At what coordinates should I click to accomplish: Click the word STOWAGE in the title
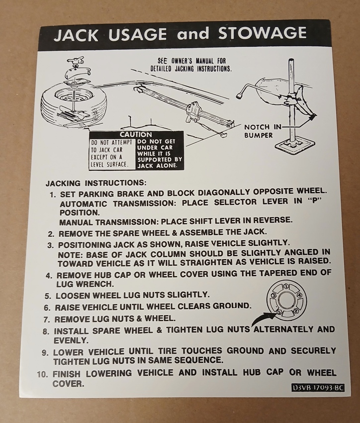click(x=262, y=33)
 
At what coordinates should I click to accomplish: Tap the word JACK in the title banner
click(x=76, y=35)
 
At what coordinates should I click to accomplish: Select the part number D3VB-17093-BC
click(x=318, y=388)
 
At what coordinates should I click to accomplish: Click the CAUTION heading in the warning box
click(x=136, y=134)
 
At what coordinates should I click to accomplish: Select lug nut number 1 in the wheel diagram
click(x=286, y=287)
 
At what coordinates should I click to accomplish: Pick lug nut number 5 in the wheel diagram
click(x=279, y=312)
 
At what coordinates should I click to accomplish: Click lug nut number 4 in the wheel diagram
click(x=299, y=295)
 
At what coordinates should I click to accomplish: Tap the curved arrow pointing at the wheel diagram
click(x=262, y=317)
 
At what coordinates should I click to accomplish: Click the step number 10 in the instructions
click(x=43, y=375)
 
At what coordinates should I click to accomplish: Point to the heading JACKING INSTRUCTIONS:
click(x=96, y=183)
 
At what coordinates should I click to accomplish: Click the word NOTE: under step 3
click(x=71, y=255)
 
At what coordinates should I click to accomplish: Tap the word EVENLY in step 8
click(x=71, y=340)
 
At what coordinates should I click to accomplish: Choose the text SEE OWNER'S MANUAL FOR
click(x=191, y=61)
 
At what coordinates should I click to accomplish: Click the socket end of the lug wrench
click(x=239, y=96)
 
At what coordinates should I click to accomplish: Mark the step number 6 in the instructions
click(x=47, y=308)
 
